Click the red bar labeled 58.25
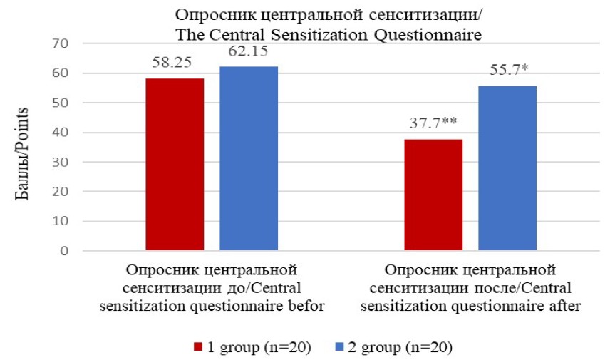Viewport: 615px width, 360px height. click(174, 164)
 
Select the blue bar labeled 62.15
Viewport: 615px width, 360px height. click(248, 158)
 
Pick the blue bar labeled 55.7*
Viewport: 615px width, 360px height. click(507, 168)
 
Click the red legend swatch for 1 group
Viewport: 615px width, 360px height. click(197, 347)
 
